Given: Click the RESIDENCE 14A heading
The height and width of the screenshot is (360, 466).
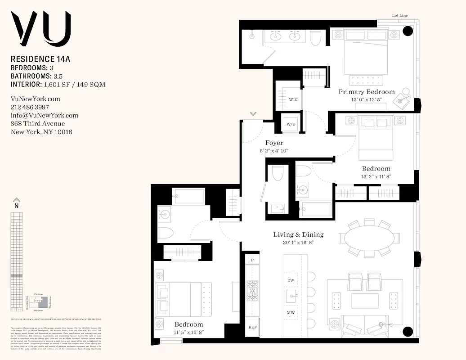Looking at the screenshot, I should coord(41,58).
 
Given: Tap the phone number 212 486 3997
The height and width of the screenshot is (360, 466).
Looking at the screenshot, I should coord(30,107).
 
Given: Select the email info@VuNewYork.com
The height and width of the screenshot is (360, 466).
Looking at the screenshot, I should coord(44,115).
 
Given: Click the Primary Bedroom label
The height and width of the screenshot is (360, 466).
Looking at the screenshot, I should coord(367,92).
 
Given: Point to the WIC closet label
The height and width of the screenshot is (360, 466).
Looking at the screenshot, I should coord(293,99).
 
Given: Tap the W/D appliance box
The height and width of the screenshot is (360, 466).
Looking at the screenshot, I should coord(290,124).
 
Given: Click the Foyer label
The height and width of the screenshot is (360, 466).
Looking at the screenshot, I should coord(273,143).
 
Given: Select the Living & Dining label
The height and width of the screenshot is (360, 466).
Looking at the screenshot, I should coord(298,234).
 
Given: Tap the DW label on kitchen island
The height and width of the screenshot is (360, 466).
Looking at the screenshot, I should coord(291,280).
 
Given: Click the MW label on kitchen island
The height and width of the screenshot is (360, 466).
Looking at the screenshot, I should coord(291,313).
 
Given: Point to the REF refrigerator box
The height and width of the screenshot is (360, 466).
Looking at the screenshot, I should coord(252,327).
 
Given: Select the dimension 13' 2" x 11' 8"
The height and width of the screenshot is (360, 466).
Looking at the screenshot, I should coord(376,177).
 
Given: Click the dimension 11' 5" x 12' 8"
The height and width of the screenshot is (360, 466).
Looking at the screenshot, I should coord(188,333).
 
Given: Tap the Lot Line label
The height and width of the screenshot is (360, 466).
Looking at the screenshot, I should coord(400,16).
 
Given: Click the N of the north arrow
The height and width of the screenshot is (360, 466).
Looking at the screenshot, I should coord(16,206).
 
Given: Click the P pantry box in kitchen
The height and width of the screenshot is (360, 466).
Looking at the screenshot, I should coord(252,260).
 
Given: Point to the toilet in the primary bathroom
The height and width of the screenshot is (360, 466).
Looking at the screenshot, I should coord(316,38).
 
